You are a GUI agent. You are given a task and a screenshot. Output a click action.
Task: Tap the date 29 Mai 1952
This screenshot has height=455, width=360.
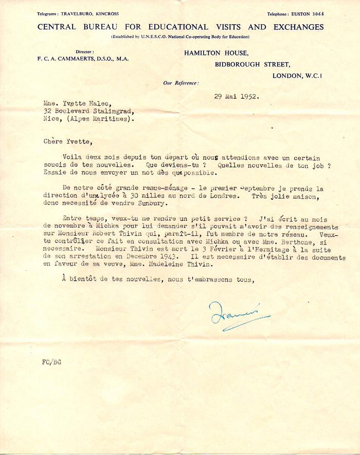[237, 96]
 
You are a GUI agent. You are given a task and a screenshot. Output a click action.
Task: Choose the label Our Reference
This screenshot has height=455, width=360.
[181, 82]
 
